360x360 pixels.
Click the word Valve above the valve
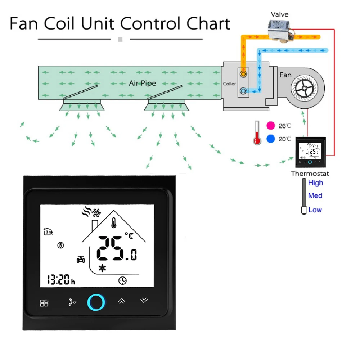point(279,15)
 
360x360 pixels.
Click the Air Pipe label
point(143,83)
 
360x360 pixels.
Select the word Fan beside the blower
point(285,75)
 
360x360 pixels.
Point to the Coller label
point(229,84)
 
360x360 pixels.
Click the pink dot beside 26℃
point(271,126)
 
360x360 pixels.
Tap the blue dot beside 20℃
point(271,139)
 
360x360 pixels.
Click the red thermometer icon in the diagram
point(257,133)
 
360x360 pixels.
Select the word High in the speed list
point(315,183)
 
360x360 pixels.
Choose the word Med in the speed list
point(315,196)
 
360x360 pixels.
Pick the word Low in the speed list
point(315,210)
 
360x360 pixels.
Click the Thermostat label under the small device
point(310,174)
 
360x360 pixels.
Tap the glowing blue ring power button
point(96,302)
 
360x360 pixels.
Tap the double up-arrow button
point(121,301)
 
